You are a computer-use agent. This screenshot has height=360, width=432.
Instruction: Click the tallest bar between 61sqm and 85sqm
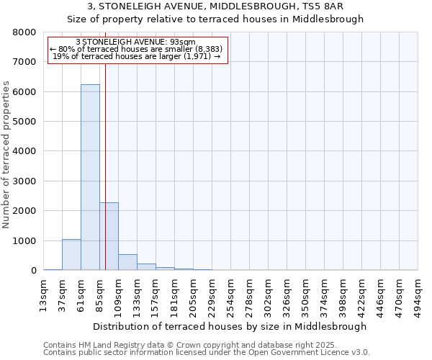pos(90,177)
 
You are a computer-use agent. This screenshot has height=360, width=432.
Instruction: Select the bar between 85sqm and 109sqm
pos(109,236)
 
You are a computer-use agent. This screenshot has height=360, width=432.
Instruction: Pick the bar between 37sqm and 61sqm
pos(71,255)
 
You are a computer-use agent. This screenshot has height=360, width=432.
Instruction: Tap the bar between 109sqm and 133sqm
pos(127,262)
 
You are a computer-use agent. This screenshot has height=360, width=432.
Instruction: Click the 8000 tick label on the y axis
pos(24,32)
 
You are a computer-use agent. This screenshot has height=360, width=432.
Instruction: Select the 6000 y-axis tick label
pos(24,92)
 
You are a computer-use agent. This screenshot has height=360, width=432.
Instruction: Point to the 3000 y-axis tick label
pos(24,181)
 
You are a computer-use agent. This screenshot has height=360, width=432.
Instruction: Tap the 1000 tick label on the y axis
pos(24,241)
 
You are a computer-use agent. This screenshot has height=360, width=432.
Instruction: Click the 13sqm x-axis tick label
pos(44,294)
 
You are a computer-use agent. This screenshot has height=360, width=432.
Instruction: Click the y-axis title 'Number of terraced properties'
pos(6,155)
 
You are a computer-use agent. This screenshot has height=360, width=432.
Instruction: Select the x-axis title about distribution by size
pos(230,326)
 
